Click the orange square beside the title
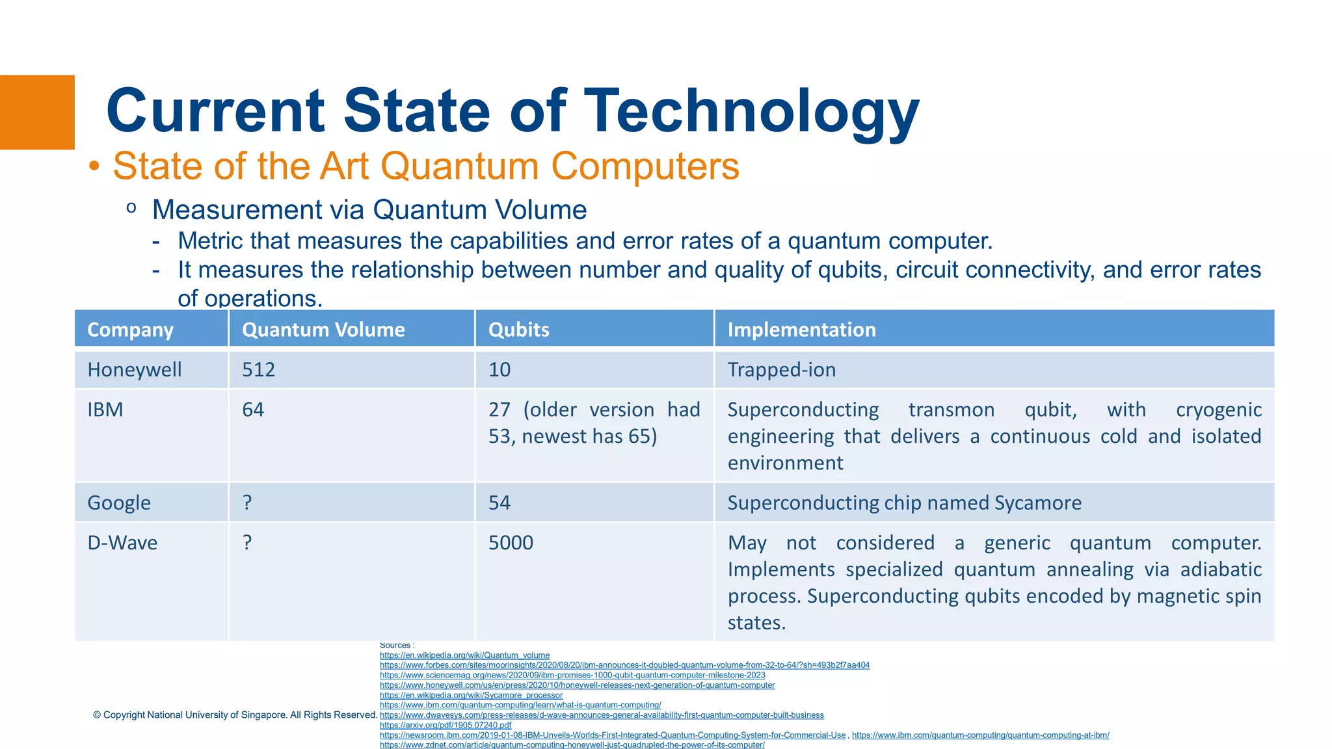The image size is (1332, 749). [x=37, y=112]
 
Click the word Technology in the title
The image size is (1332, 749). [x=752, y=112]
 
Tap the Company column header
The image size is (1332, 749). [x=130, y=330]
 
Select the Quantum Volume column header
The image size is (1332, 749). [x=323, y=330]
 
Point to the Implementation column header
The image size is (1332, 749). [x=801, y=330]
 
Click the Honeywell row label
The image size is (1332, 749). [x=135, y=369]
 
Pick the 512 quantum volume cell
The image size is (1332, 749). [x=259, y=369]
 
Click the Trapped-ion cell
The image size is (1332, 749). [x=781, y=369]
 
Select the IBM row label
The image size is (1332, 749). [x=105, y=410]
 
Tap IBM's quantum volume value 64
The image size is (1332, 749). [x=253, y=410]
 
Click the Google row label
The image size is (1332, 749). [x=119, y=503]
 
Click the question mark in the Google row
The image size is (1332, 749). [x=247, y=503]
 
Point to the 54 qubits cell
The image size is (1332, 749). [x=499, y=503]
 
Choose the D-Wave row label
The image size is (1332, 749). [x=122, y=543]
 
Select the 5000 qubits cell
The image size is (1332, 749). [x=511, y=543]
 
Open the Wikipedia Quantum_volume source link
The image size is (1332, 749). [x=464, y=655]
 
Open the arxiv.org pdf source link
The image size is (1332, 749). [x=446, y=725]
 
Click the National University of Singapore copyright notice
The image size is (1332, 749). [x=235, y=715]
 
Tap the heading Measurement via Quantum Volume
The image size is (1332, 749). [x=369, y=210]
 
